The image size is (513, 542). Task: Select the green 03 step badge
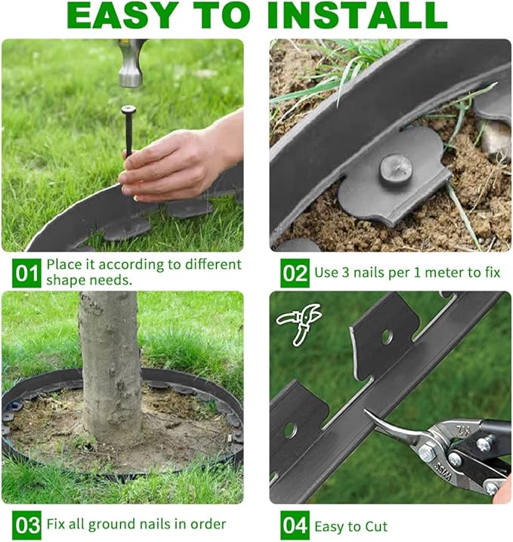27,525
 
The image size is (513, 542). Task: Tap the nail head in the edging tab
395,168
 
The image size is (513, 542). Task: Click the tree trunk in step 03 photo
109,362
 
